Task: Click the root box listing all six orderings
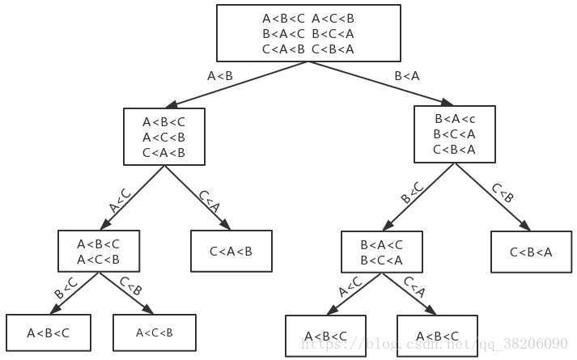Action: tap(308, 32)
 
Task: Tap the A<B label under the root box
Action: tap(220, 76)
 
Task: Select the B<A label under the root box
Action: tap(407, 76)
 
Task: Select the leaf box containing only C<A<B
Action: tap(231, 251)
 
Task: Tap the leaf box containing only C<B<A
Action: tap(532, 252)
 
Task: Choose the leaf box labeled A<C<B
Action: tap(154, 332)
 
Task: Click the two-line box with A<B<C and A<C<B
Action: tap(98, 251)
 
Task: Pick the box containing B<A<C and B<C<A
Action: tap(381, 252)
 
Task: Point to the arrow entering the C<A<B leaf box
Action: tap(198, 199)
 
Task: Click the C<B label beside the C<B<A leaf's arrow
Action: tap(503, 193)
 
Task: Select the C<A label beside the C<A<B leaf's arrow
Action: tap(209, 200)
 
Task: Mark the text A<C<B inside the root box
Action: tap(333, 18)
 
